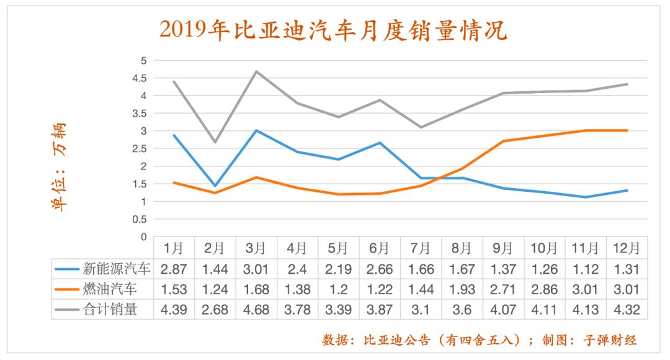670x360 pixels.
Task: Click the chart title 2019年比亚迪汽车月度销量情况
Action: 333,30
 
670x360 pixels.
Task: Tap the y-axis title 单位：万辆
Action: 58,166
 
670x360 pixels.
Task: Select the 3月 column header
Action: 256,248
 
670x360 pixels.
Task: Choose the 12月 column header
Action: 627,248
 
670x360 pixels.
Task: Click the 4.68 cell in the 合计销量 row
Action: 256,308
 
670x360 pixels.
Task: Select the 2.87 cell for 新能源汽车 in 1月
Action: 174,269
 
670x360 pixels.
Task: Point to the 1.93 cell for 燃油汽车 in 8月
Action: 462,289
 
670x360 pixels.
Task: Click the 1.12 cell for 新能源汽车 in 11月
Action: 586,269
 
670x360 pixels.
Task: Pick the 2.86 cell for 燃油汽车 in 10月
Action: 544,289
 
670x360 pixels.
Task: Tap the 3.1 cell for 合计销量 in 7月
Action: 421,308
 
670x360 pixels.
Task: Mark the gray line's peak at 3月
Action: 256,71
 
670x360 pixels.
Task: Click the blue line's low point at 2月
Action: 215,186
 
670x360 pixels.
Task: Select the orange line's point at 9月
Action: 503,141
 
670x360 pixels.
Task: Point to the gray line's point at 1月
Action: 174,82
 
